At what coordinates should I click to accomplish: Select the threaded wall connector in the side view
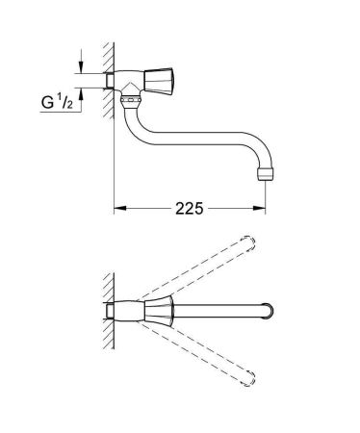(120, 78)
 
